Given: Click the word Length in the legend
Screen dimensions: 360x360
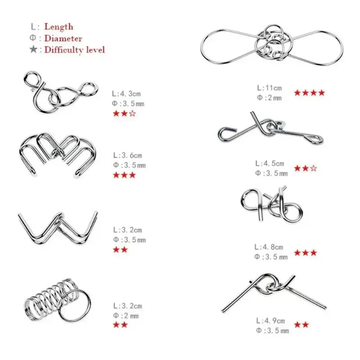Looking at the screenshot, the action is coord(59,27).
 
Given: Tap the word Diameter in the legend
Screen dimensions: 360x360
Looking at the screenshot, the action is coord(63,38).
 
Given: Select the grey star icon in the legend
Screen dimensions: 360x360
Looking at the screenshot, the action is coord(33,49).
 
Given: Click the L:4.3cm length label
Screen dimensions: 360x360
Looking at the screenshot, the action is coord(126,94).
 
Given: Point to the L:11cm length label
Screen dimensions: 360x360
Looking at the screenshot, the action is coord(269,88).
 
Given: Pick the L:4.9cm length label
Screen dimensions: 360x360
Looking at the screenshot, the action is coord(271,321).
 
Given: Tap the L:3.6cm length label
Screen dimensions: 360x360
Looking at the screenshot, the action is coord(128,155).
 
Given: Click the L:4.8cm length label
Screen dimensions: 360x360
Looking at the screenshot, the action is coord(269,247).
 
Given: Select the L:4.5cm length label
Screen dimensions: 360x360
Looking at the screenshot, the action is coord(270,163).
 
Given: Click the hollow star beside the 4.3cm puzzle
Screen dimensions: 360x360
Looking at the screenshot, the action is coord(132,113).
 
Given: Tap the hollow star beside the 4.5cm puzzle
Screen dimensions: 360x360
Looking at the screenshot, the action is coord(313,168).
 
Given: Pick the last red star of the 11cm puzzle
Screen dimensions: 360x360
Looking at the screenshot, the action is coord(321,93).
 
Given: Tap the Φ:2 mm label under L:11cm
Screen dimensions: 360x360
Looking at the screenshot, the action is coord(269,98).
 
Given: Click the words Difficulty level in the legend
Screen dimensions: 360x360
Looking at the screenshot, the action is coord(74,50).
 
